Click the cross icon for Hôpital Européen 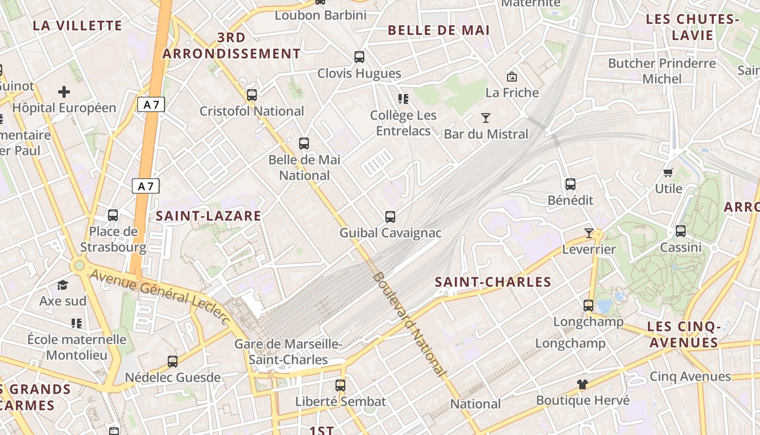coord(64,91)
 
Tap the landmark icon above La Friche coord(511,77)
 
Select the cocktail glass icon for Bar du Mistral coord(486,117)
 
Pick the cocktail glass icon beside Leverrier coord(589,233)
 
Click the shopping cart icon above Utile coord(668,172)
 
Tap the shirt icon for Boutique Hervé coord(582,384)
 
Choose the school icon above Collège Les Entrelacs coord(403,98)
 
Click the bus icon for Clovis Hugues coord(359,57)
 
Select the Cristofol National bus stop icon coord(251,95)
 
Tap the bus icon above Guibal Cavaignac coord(390,217)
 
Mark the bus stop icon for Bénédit coord(570,184)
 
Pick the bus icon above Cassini coord(681,231)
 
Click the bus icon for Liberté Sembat coord(340,386)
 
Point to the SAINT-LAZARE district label coord(208,216)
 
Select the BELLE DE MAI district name coord(439,30)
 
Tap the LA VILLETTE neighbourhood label coord(77,26)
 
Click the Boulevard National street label coord(409,324)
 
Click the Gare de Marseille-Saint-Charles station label coord(288,352)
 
